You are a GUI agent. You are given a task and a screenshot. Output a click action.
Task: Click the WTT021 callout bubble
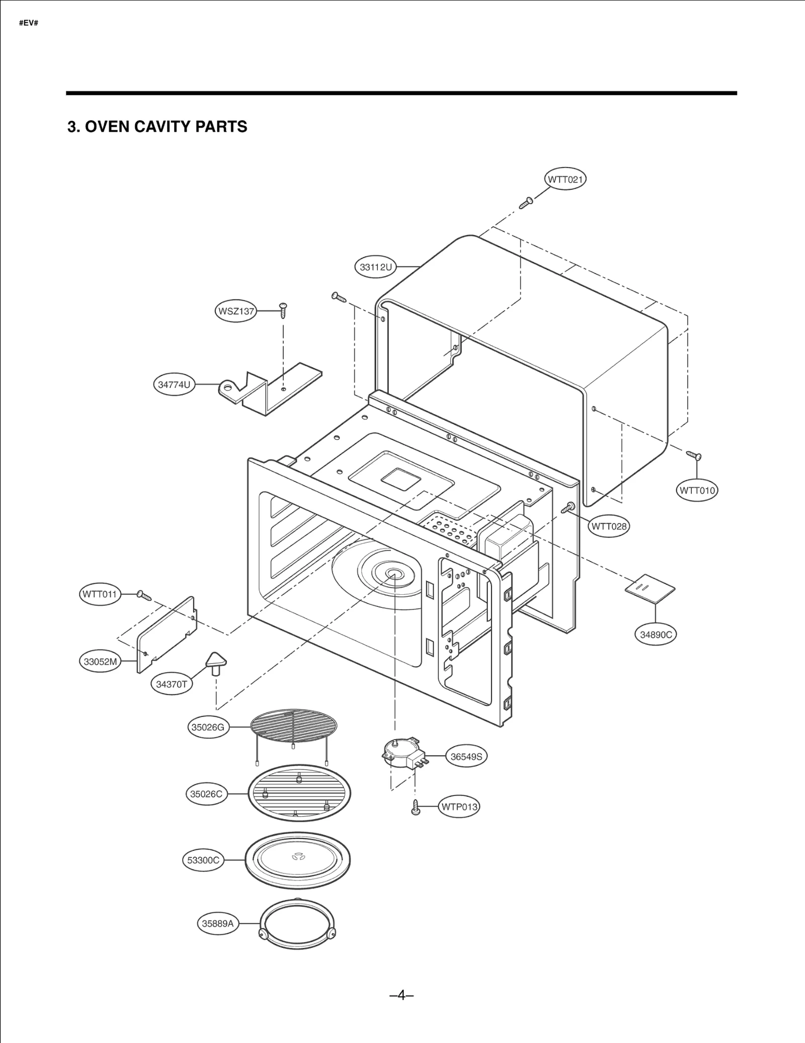point(566,180)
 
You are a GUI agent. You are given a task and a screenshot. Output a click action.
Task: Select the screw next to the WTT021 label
point(526,203)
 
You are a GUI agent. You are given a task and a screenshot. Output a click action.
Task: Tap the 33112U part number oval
point(375,267)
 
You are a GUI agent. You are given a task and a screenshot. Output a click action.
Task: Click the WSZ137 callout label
point(235,311)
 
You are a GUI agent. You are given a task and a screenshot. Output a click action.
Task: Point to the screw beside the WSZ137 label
point(283,310)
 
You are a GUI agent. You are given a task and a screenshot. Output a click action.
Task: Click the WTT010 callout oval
point(697,490)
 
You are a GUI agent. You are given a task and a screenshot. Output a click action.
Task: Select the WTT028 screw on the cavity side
point(568,507)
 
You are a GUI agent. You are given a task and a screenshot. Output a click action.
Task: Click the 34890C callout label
point(656,634)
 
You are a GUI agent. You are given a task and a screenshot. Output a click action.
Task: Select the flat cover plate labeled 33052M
point(166,635)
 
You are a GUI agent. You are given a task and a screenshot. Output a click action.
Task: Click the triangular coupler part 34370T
point(216,663)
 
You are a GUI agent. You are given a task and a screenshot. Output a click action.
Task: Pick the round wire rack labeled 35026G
point(294,725)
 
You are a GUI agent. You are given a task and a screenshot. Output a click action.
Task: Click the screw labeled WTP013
point(416,807)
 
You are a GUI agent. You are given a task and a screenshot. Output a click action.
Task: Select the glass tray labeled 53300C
point(297,860)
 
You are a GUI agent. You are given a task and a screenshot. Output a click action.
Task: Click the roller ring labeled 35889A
point(297,924)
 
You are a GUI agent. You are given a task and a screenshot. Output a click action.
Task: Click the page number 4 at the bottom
point(401,995)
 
